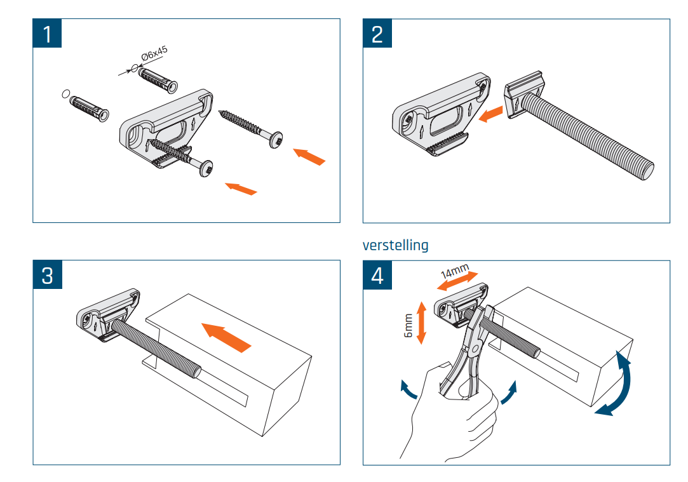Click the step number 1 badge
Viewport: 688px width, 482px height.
[48, 33]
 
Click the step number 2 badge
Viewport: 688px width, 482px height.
[377, 33]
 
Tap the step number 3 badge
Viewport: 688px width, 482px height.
[48, 275]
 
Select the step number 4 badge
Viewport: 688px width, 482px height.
[377, 275]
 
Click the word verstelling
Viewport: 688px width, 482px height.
[395, 244]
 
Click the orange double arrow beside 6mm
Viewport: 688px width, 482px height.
[419, 321]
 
